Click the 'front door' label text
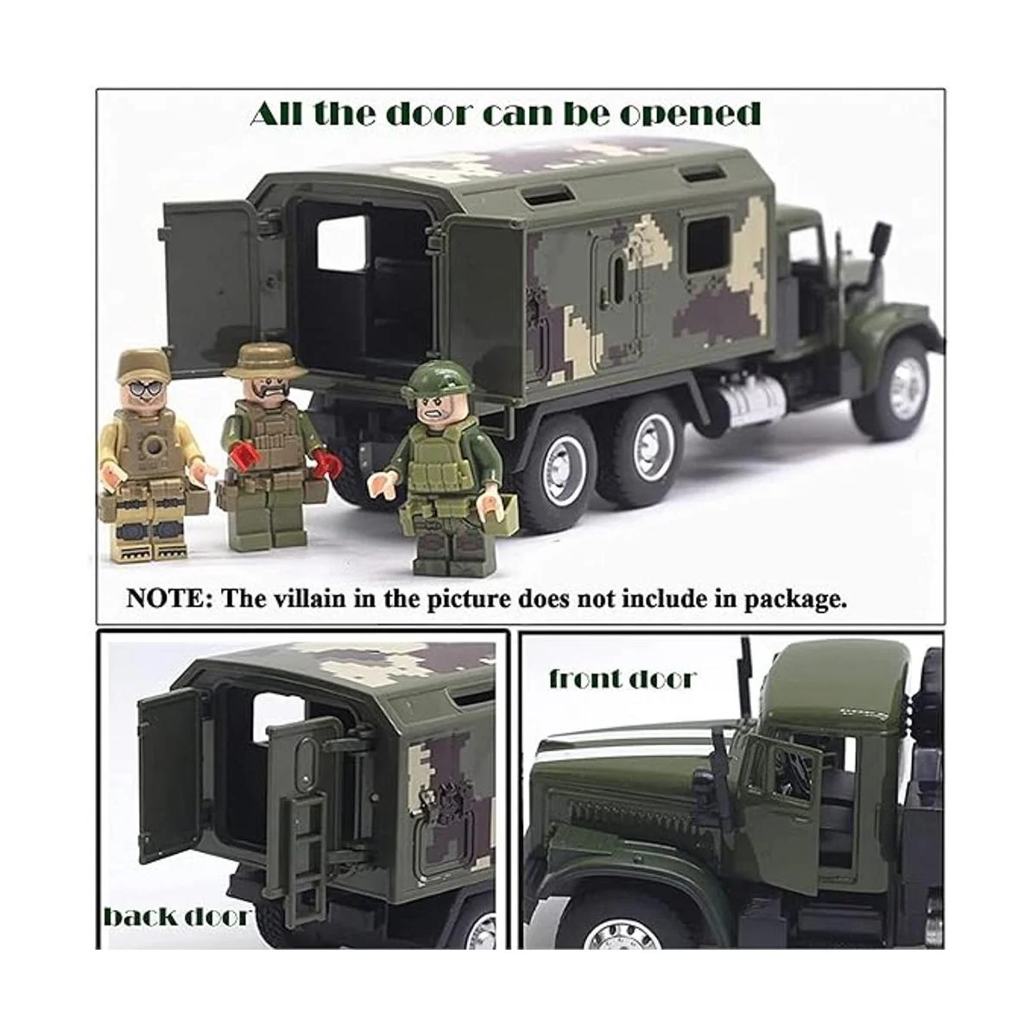(622, 679)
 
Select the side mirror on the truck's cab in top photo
(883, 241)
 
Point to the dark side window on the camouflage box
(708, 245)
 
